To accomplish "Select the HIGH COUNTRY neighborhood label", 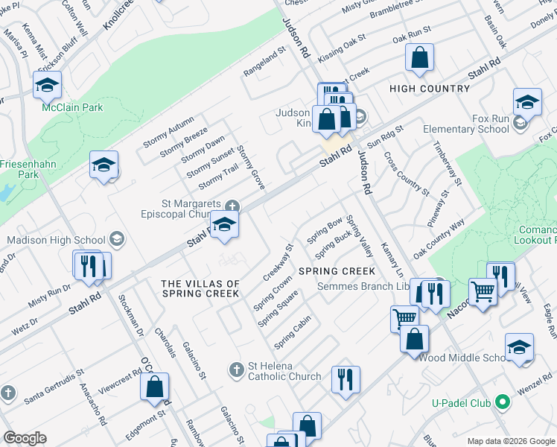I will click(x=430, y=89).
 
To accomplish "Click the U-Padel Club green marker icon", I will click(x=503, y=403).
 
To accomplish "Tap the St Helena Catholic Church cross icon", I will click(x=237, y=370).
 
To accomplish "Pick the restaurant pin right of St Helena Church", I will click(x=345, y=378).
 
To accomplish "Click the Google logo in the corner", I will click(x=25, y=438).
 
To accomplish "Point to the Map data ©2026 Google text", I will click(x=510, y=441).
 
